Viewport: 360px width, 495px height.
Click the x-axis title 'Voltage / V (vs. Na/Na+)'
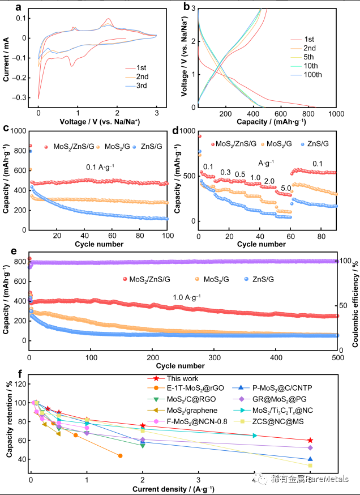pyautogui.click(x=100, y=122)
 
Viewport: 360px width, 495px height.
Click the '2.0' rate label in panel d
pyautogui.click(x=269, y=181)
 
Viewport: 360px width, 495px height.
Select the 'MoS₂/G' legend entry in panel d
pyautogui.click(x=280, y=144)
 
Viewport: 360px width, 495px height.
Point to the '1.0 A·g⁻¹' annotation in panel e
pyautogui.click(x=187, y=297)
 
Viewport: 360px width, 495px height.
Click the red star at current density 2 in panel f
pyautogui.click(x=143, y=425)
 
